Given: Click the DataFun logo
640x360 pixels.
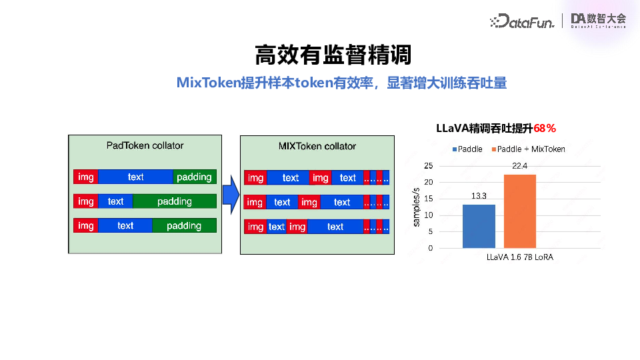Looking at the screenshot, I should [x=521, y=21].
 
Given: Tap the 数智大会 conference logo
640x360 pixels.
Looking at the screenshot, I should [x=598, y=21].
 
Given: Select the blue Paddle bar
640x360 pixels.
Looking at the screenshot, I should [x=479, y=226].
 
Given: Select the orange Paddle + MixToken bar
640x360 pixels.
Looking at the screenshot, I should [x=519, y=211].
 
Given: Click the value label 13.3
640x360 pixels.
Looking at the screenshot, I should [x=479, y=196].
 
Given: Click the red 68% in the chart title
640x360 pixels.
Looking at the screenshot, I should [x=545, y=128].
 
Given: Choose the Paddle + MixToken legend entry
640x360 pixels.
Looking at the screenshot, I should [x=531, y=149].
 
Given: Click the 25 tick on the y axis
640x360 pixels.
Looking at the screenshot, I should [x=428, y=166].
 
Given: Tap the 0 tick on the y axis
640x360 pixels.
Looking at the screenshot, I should [x=430, y=248].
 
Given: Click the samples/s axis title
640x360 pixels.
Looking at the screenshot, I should [x=416, y=207].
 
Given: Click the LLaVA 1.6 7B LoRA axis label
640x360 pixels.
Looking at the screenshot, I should [x=519, y=257].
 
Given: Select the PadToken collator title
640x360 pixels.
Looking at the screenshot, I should [x=145, y=145].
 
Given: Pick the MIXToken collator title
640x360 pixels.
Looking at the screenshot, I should [x=317, y=146].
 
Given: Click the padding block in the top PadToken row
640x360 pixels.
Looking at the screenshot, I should [x=194, y=177].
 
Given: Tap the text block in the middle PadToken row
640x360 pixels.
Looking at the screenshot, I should [x=115, y=201].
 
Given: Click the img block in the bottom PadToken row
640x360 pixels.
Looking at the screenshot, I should [x=86, y=225].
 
